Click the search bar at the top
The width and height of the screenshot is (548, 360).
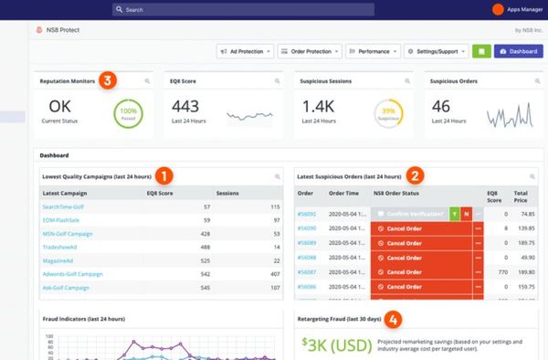coord(242,9)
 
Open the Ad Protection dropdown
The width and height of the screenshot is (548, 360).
coord(245,52)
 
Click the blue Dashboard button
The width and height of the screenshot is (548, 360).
coord(518,52)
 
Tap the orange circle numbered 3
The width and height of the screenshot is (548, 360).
coord(108,80)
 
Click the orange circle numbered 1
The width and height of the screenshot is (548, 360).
coord(164,174)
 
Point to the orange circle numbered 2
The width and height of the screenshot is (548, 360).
coord(415,174)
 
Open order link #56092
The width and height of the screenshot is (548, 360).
coord(306,213)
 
